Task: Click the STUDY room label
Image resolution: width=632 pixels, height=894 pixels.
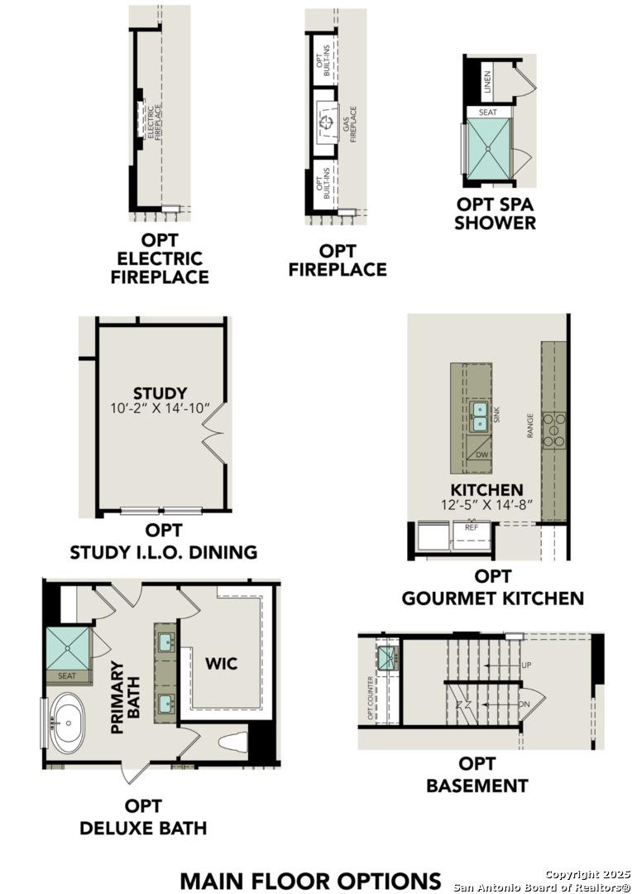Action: tap(160, 392)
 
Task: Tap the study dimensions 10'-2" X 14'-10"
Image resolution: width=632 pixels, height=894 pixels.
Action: tap(160, 409)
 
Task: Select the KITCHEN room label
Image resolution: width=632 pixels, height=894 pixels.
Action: tap(486, 490)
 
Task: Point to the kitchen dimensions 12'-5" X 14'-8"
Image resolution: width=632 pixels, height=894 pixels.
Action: tap(486, 504)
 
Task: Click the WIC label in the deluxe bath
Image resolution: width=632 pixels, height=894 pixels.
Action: tap(221, 663)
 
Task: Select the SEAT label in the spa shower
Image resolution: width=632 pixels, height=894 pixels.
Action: tap(487, 112)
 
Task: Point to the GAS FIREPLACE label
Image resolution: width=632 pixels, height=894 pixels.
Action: tap(349, 124)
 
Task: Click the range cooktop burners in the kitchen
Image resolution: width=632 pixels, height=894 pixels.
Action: tap(553, 430)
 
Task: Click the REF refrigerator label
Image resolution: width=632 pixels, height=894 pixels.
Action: tap(472, 527)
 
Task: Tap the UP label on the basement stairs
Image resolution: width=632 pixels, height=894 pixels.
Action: tap(526, 665)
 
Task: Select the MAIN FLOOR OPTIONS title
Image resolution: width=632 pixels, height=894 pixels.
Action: tap(310, 879)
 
